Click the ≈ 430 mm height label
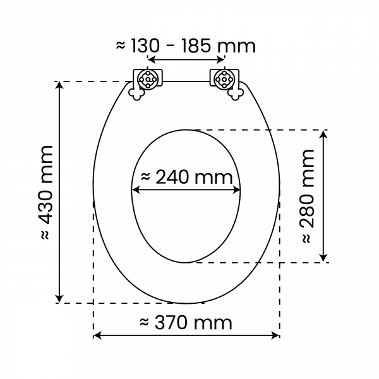(x=46, y=193)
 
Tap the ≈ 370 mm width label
(x=186, y=322)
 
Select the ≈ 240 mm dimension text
(x=186, y=177)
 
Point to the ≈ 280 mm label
(x=308, y=196)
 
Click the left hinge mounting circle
(x=148, y=79)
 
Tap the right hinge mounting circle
(x=224, y=80)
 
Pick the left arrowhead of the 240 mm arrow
(x=136, y=190)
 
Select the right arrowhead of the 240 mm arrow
(x=236, y=190)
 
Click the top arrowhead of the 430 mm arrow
(x=59, y=85)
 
